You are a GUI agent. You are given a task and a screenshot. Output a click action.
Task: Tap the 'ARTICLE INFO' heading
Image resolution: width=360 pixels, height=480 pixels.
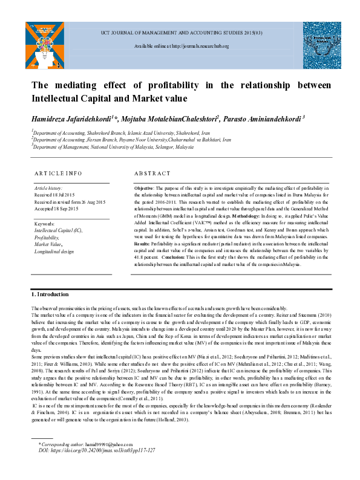click(x=58, y=174)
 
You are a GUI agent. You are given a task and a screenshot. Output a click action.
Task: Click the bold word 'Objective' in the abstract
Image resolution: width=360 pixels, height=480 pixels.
click(x=144, y=189)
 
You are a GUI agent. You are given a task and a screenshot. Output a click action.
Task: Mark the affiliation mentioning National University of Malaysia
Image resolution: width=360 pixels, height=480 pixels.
click(x=104, y=147)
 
